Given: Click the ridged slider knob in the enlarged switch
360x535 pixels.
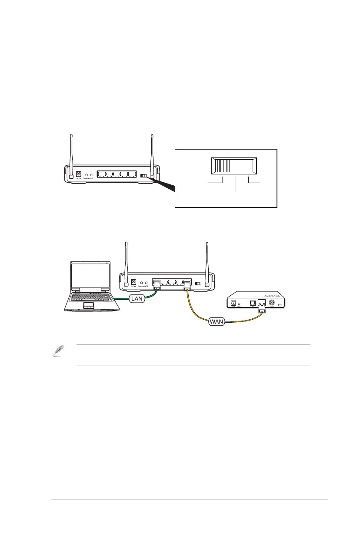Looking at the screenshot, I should coord(223,167).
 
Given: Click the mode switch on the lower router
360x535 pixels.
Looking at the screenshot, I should coord(199,284).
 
